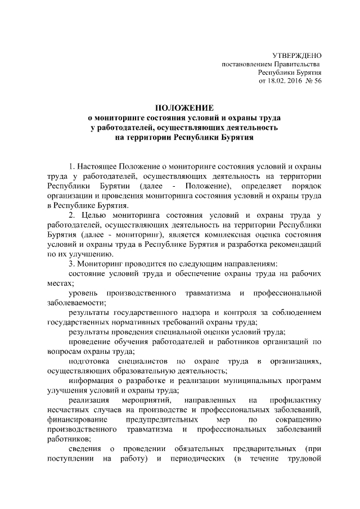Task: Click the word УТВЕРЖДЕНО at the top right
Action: pyautogui.click(x=296, y=56)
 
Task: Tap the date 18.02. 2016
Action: pyautogui.click(x=286, y=81)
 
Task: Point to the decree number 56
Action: pyautogui.click(x=317, y=81)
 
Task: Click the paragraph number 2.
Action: pyautogui.click(x=71, y=215)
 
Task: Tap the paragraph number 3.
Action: pyautogui.click(x=71, y=264)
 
